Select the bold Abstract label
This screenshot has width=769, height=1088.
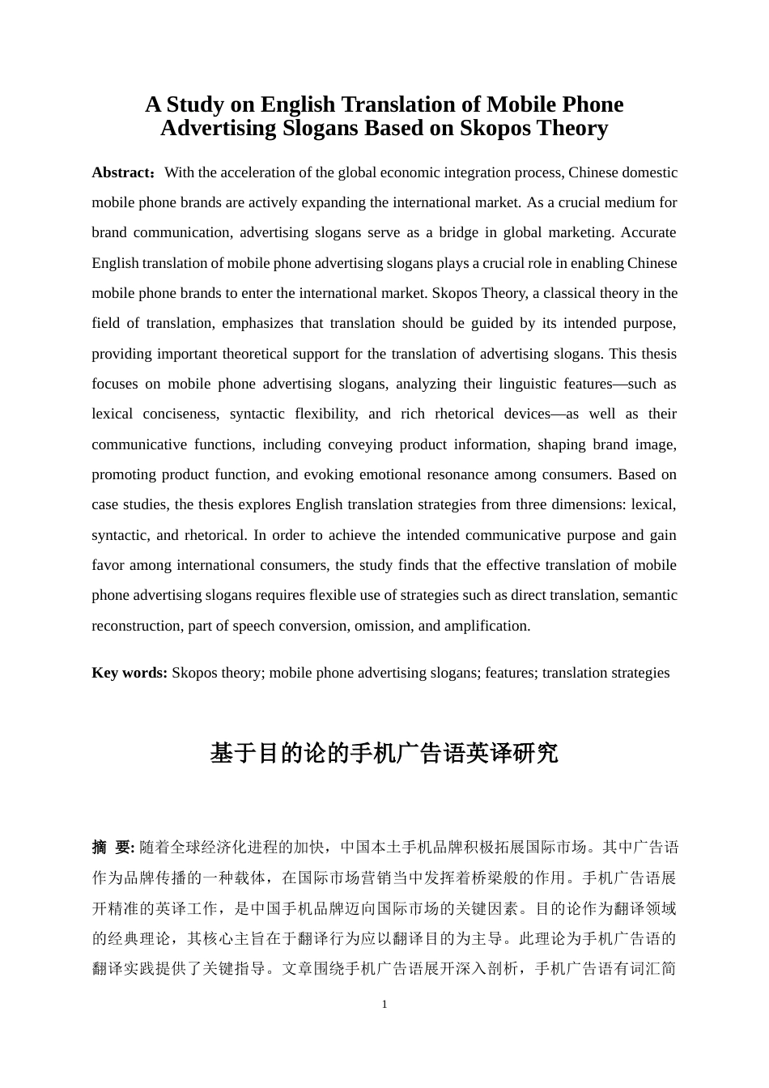tap(121, 172)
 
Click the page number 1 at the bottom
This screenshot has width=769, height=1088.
tap(384, 1005)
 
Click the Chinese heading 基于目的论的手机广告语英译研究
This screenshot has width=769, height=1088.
tap(384, 754)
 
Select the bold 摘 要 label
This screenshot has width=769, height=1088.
tap(113, 848)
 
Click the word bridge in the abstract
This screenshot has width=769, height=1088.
tap(458, 232)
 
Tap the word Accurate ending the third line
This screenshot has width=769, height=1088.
tap(648, 232)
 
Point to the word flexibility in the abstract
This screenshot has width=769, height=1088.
tap(325, 414)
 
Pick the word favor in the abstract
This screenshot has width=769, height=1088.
tap(108, 565)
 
